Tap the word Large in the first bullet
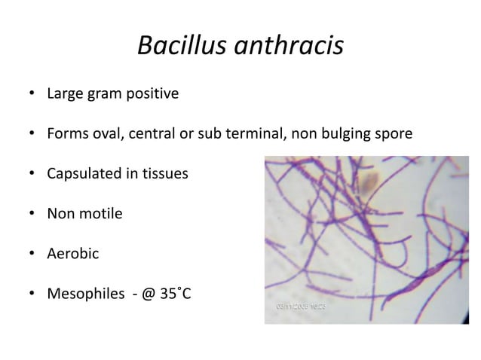[x=66, y=96]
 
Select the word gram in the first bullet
[x=108, y=96]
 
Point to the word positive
[x=154, y=96]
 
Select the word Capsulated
[x=86, y=175]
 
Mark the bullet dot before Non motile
[x=32, y=214]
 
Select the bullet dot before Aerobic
[x=32, y=253]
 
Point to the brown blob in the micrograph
[x=369, y=181]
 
